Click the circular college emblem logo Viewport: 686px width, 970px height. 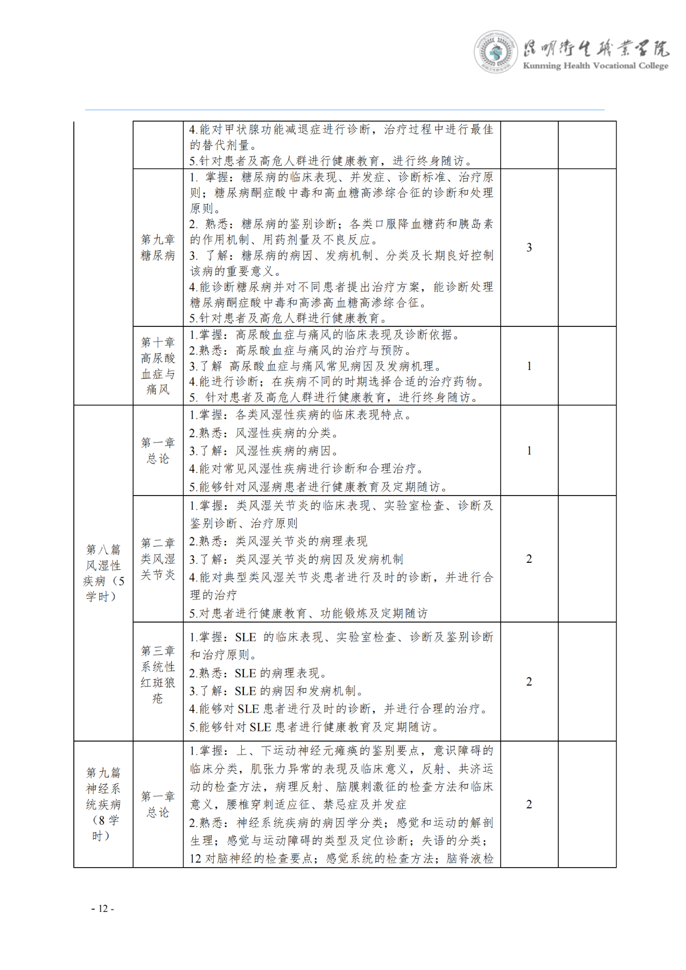(495, 52)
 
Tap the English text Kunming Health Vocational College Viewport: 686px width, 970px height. (595, 66)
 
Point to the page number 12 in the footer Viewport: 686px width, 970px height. (103, 909)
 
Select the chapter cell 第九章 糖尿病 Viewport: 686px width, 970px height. (158, 247)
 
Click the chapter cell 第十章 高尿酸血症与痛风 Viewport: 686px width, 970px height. (158, 366)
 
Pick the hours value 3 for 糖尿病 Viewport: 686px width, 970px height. (529, 247)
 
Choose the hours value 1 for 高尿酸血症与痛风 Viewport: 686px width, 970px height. (529, 366)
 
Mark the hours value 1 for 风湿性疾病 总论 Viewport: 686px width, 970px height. (529, 450)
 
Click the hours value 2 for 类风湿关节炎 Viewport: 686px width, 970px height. (529, 559)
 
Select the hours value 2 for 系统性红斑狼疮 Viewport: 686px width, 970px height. (529, 682)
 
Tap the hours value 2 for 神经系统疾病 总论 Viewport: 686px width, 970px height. (529, 804)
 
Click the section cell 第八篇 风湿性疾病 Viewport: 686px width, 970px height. (103, 573)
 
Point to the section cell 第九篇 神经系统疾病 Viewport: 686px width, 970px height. (103, 804)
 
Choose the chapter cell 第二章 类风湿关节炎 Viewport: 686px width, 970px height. (158, 559)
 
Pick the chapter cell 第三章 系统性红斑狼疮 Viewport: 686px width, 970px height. (158, 674)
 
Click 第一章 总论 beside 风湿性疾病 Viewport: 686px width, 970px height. (158, 450)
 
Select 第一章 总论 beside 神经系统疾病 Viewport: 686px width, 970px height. (158, 804)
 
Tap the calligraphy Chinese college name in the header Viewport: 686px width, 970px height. (596, 49)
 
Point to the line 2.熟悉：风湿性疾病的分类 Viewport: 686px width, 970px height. (264, 433)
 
